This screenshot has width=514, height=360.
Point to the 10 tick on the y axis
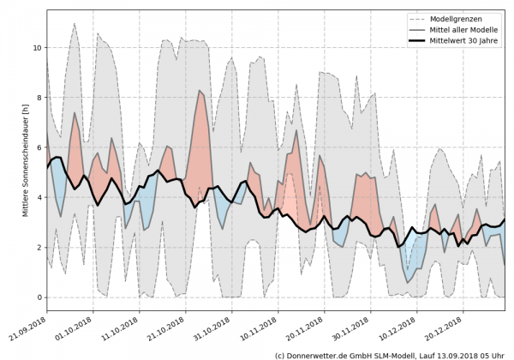click(x=36, y=47)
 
